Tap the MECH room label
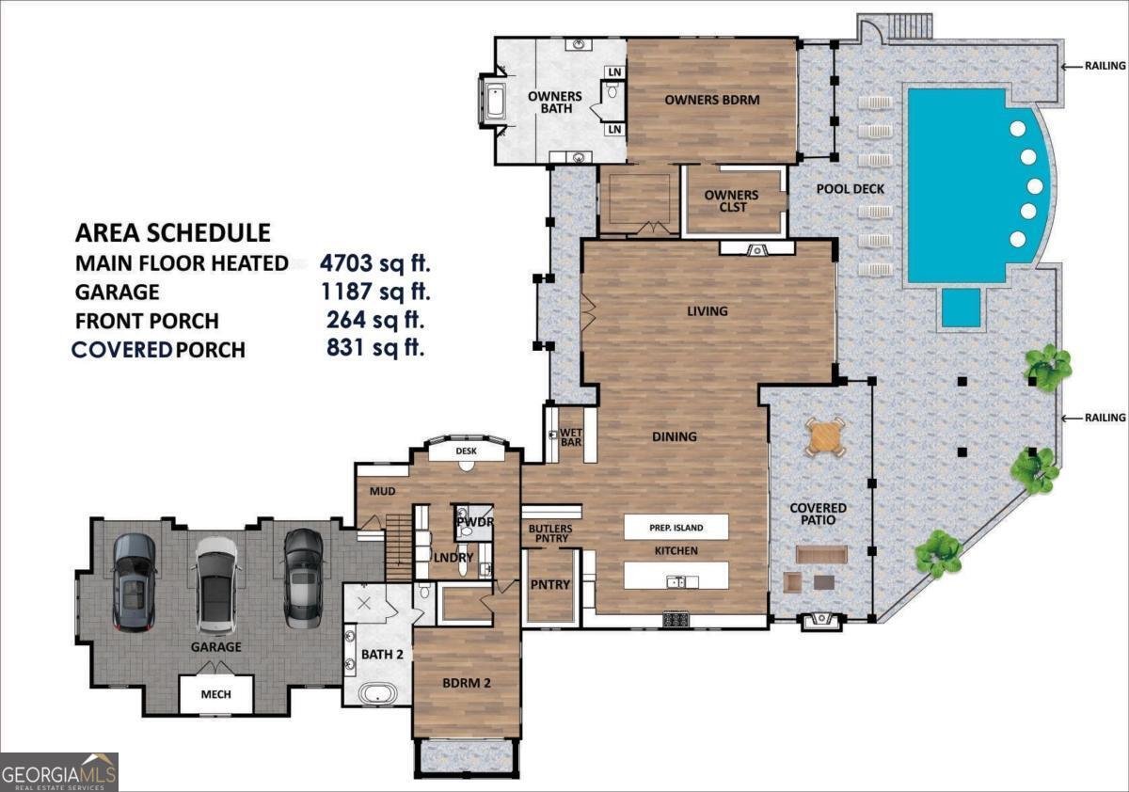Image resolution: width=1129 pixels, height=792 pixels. point(215,696)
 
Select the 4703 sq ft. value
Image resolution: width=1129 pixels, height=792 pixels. point(374,262)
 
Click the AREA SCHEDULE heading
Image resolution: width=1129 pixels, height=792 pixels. point(172,232)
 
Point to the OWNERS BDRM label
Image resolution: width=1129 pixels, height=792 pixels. point(711,100)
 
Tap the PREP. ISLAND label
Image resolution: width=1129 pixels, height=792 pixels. point(676,528)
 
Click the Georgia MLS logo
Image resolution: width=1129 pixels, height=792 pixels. point(58,771)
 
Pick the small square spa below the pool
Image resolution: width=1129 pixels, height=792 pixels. point(961,308)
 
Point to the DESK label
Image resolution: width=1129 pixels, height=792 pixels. point(467,451)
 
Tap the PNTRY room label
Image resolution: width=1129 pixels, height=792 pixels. point(549,585)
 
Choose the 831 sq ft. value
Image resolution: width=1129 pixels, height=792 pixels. point(375,348)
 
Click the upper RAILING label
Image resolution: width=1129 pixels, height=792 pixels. point(1105,66)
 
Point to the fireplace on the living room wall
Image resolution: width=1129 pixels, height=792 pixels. point(755,248)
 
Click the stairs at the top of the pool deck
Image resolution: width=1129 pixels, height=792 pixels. point(908,25)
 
